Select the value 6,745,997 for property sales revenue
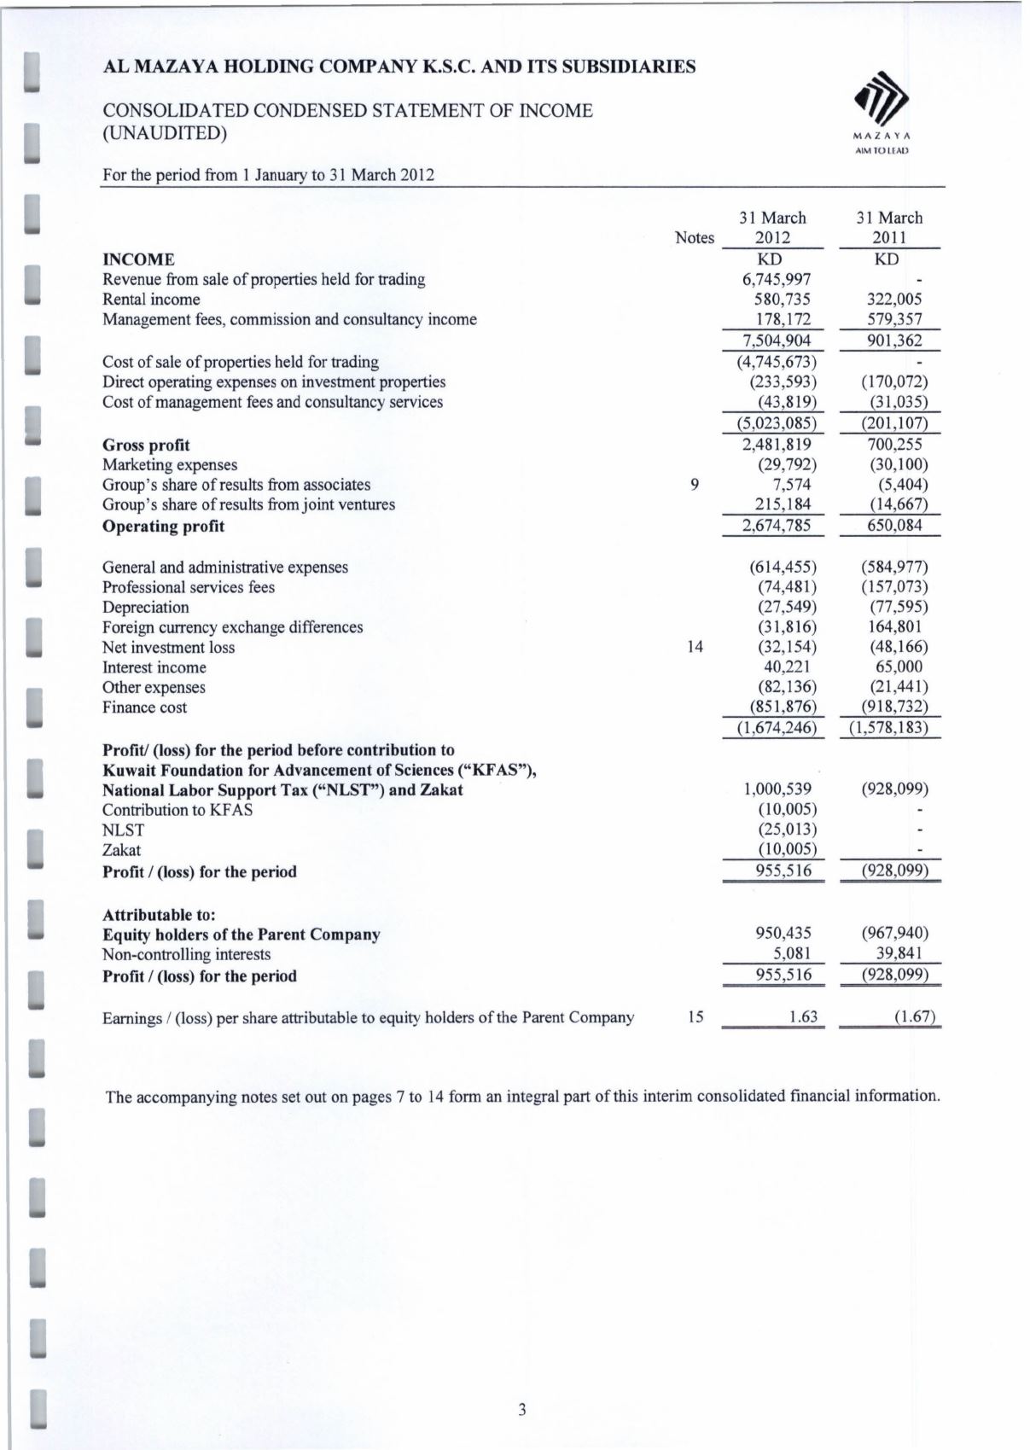click(776, 279)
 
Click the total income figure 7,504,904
click(776, 341)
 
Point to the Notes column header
click(694, 238)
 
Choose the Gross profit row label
click(146, 445)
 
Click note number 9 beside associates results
click(695, 485)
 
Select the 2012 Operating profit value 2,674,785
click(776, 525)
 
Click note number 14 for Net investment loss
click(695, 647)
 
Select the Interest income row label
click(154, 667)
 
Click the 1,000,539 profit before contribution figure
click(777, 789)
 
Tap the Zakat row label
click(121, 850)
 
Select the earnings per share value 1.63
click(803, 1017)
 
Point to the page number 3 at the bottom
click(522, 1409)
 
